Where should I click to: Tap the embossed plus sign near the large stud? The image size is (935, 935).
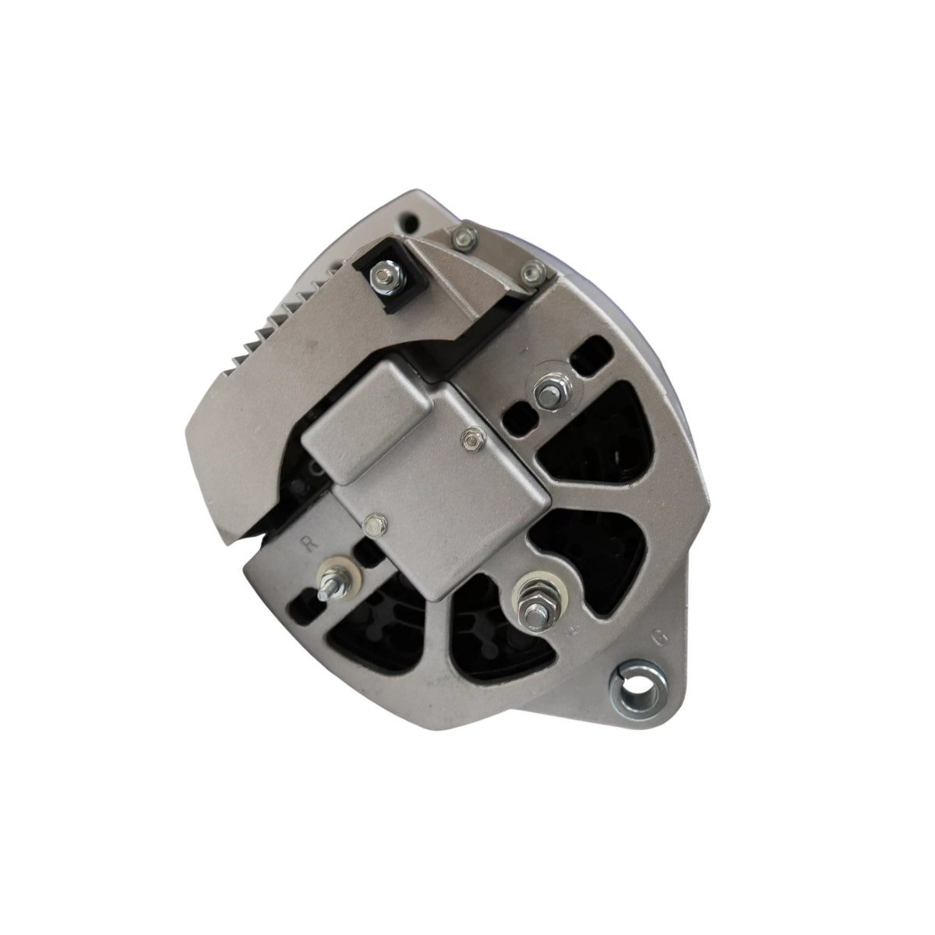pos(574,630)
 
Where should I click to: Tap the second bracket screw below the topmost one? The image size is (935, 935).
pos(531,273)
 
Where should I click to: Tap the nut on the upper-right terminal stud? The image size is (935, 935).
pos(546,387)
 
